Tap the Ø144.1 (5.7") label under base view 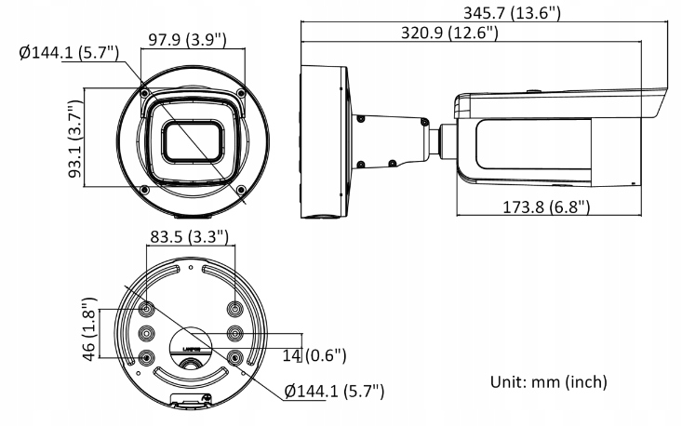coord(334,392)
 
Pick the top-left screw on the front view coord(143,93)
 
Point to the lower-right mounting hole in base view coord(234,357)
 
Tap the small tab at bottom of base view coord(192,402)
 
